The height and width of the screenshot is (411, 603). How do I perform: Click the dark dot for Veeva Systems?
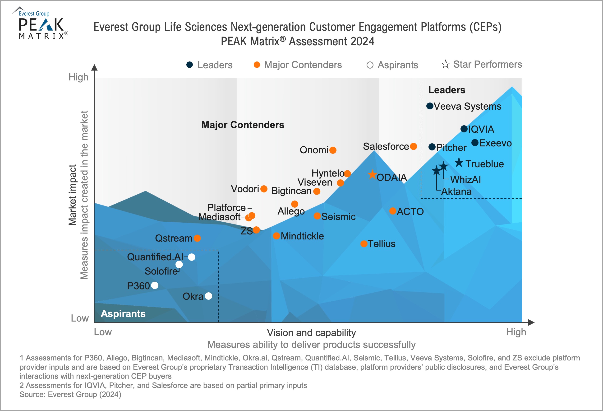click(430, 106)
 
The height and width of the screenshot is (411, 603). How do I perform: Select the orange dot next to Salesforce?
click(413, 146)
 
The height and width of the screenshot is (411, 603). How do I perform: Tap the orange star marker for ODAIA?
click(372, 174)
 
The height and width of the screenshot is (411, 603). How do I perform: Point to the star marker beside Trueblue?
click(459, 163)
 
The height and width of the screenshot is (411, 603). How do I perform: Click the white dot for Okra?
click(208, 296)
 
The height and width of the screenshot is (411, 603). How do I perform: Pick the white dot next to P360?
click(155, 285)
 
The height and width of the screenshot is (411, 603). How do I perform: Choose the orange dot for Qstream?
click(197, 238)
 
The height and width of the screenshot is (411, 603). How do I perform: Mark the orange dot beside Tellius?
click(364, 243)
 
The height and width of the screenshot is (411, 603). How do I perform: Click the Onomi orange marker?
click(333, 150)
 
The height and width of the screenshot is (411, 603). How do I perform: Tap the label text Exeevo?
click(495, 143)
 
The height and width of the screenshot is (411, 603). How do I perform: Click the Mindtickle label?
click(302, 236)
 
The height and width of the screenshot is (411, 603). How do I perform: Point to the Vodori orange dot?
click(264, 189)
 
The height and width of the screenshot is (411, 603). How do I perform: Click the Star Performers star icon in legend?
click(445, 64)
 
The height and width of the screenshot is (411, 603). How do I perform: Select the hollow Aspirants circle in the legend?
click(370, 65)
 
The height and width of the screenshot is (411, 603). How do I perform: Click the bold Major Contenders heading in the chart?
click(243, 125)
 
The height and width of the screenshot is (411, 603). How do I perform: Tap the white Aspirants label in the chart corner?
click(123, 314)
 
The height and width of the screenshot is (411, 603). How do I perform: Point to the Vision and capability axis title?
click(311, 333)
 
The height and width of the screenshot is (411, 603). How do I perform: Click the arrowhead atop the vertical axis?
click(94, 67)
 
